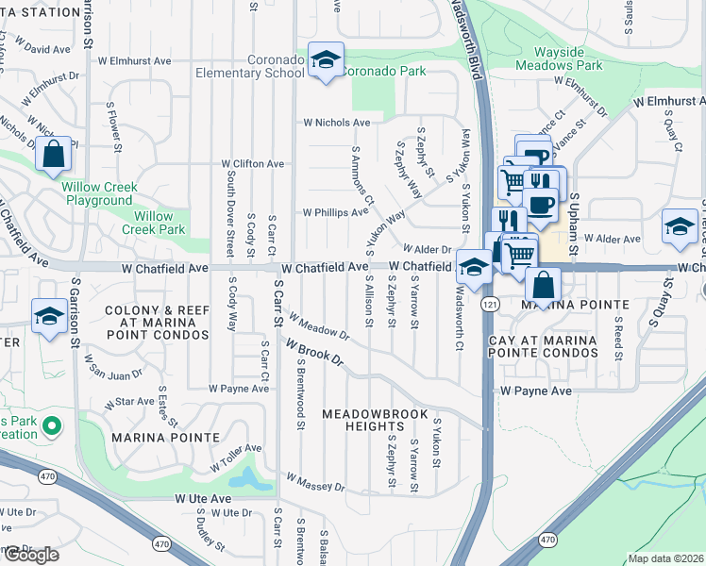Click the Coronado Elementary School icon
pos(326,60)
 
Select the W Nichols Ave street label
pos(336,123)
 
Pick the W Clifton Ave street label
pos(252,163)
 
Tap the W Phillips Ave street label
pos(334,212)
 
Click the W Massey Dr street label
pos(315,485)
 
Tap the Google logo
pos(31,555)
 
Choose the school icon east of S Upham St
pos(679,227)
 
